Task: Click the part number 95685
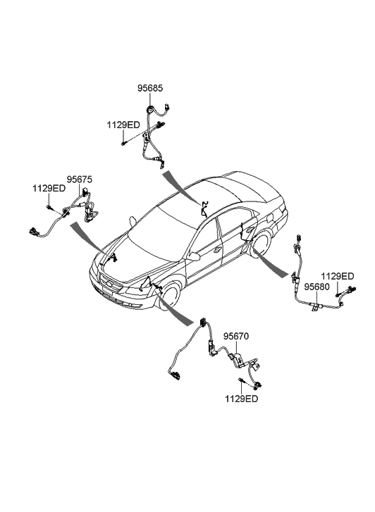[x=149, y=89]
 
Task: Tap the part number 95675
[x=79, y=180]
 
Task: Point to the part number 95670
[x=236, y=337]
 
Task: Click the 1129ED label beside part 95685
[x=123, y=125]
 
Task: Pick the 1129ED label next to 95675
[x=49, y=189]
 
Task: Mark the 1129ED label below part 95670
[x=241, y=399]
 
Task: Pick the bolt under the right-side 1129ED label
[x=338, y=292]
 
